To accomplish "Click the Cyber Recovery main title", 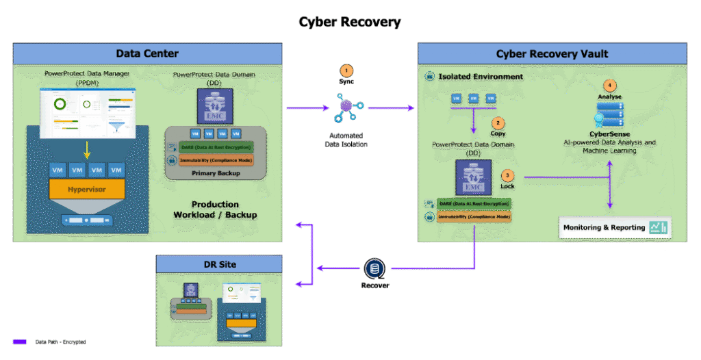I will pyautogui.click(x=350, y=22).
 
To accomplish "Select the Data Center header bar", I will pyautogui.click(x=147, y=53).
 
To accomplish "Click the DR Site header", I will pyautogui.click(x=219, y=264).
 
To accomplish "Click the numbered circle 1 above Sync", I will pyautogui.click(x=346, y=70).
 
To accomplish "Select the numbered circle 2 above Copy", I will pyautogui.click(x=498, y=123).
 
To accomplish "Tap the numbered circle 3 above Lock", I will pyautogui.click(x=507, y=176).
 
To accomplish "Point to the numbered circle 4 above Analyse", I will pyautogui.click(x=610, y=86).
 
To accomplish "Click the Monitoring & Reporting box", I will pyautogui.click(x=614, y=227).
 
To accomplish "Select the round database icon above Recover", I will pyautogui.click(x=374, y=269).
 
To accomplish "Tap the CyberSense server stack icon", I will pyautogui.click(x=610, y=117).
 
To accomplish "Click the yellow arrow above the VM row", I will pyautogui.click(x=86, y=149).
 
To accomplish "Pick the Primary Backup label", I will pyautogui.click(x=216, y=173).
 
